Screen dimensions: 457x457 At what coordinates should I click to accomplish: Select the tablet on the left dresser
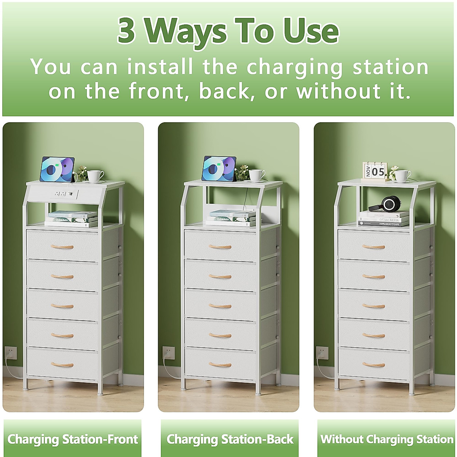(x=57, y=169)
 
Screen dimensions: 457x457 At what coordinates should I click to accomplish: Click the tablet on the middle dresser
(x=219, y=168)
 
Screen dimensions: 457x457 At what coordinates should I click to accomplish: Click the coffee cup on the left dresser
(x=95, y=176)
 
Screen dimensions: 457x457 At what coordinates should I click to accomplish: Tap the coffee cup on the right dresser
(x=403, y=176)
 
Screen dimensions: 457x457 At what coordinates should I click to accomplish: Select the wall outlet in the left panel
(x=10, y=353)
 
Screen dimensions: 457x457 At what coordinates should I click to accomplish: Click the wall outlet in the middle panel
(x=168, y=353)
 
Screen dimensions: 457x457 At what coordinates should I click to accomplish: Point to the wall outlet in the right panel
(x=322, y=353)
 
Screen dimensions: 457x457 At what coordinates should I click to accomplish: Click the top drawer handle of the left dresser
(x=62, y=247)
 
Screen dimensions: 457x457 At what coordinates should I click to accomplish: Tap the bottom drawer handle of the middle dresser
(x=220, y=365)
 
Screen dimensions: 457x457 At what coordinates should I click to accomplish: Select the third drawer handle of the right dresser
(x=374, y=306)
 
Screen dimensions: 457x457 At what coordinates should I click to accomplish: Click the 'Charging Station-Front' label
(x=72, y=439)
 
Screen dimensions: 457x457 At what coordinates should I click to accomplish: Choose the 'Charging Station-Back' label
(x=230, y=439)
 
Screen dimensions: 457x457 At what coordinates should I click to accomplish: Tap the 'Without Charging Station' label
(x=387, y=439)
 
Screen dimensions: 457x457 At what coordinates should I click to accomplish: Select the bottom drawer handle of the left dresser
(x=62, y=365)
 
